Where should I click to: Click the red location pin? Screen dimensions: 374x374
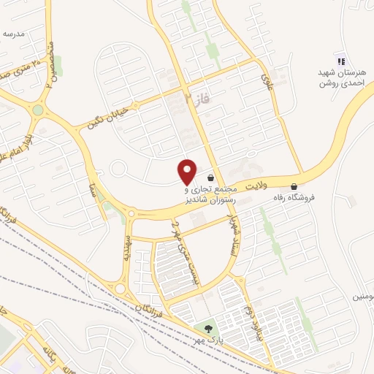(188, 171)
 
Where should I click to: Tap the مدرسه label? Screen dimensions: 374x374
(13, 34)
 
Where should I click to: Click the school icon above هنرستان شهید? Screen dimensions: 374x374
(340, 60)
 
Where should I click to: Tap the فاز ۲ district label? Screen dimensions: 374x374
(196, 97)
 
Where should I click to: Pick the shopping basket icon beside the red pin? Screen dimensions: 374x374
(211, 178)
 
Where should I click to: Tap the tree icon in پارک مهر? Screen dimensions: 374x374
(209, 328)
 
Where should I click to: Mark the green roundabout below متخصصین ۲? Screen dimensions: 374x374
(38, 110)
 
